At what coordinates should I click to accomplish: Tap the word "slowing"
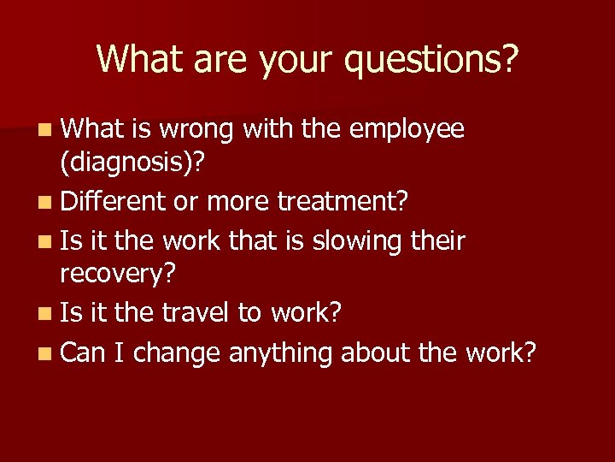(x=356, y=241)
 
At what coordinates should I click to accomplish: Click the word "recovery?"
(x=118, y=275)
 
